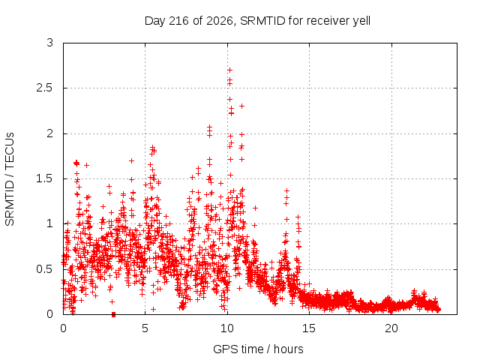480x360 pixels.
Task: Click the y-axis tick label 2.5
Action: click(45, 88)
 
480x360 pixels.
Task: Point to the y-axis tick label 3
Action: click(50, 43)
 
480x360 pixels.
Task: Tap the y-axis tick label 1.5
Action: click(45, 178)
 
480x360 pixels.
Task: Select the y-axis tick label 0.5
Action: click(45, 269)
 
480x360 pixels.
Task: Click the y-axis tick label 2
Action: click(50, 133)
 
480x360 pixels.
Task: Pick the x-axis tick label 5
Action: click(145, 328)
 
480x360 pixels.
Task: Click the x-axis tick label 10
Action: click(227, 328)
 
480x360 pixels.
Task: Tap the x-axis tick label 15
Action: click(309, 328)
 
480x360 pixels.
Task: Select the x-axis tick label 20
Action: click(391, 328)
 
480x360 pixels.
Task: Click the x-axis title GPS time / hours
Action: click(258, 349)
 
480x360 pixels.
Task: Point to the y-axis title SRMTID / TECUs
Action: click(10, 179)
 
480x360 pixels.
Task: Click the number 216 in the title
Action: click(179, 21)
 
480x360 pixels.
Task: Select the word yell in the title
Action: click(361, 21)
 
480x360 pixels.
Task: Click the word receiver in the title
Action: click(328, 21)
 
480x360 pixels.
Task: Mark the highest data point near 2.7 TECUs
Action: click(229, 70)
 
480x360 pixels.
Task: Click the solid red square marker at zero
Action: click(113, 314)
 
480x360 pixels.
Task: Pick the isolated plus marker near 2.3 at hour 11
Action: click(241, 106)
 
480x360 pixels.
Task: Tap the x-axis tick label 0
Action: click(63, 328)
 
